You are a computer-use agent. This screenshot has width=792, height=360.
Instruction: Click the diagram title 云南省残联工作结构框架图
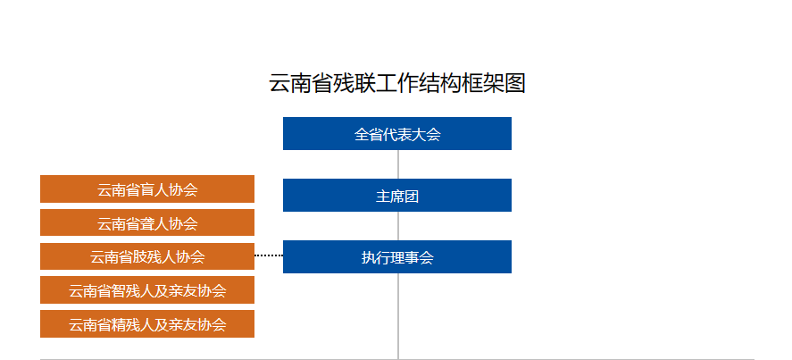point(397,83)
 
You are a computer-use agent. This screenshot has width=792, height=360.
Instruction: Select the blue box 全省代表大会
point(397,133)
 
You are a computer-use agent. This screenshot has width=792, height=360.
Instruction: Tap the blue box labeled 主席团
point(397,195)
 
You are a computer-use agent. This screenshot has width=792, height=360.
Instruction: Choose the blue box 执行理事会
point(397,257)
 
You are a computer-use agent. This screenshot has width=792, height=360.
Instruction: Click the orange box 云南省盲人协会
point(147,189)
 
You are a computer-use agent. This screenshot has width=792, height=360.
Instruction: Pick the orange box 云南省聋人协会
point(147,222)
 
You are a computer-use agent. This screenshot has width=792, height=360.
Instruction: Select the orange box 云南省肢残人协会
point(147,256)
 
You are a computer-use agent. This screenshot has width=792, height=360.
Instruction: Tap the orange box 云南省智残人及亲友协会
point(147,290)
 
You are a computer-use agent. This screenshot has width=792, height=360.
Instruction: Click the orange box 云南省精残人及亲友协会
point(147,324)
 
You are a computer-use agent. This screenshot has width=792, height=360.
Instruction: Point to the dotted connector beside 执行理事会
point(269,255)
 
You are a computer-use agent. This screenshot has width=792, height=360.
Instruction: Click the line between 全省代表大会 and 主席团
point(398,164)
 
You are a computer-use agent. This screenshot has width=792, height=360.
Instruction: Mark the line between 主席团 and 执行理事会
point(398,226)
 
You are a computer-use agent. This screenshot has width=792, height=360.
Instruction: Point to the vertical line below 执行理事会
point(398,316)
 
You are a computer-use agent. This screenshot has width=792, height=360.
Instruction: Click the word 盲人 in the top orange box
point(154,190)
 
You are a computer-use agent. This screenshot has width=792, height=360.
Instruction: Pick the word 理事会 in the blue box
point(412,258)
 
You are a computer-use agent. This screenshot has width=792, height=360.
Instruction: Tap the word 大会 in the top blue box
point(426,135)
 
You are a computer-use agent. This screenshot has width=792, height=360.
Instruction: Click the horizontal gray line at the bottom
point(397,359)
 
